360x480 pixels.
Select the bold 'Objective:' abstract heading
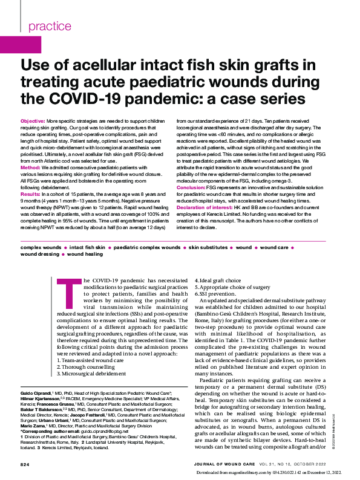[x=33, y=122]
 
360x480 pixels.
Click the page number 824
[x=25, y=464]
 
